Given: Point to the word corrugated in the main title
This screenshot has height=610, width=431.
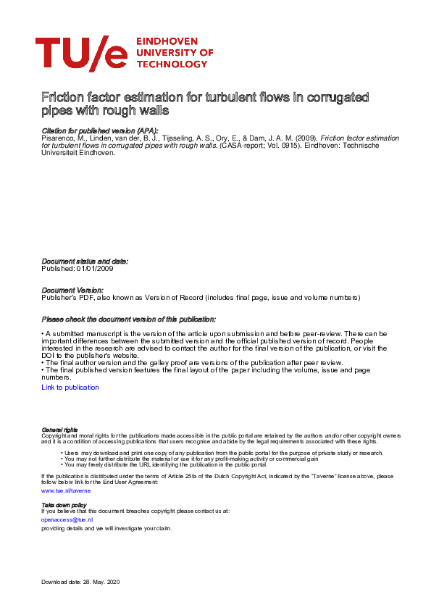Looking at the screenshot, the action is click(x=340, y=97).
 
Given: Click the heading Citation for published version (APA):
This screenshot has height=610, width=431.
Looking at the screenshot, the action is click(x=99, y=130).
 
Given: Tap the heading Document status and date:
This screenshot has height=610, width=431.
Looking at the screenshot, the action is click(x=85, y=261).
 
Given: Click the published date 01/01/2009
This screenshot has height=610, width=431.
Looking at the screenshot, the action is click(x=94, y=268).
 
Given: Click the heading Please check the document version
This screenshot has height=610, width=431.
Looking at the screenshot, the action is click(x=128, y=319).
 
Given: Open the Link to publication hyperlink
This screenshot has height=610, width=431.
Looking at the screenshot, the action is click(x=70, y=388).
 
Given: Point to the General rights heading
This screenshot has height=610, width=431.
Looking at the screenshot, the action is click(x=60, y=430).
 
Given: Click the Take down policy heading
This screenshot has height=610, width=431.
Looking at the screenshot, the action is click(x=64, y=504).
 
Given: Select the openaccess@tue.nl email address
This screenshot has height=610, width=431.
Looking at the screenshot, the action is click(x=67, y=519).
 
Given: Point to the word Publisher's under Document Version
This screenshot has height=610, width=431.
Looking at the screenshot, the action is click(x=61, y=297).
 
